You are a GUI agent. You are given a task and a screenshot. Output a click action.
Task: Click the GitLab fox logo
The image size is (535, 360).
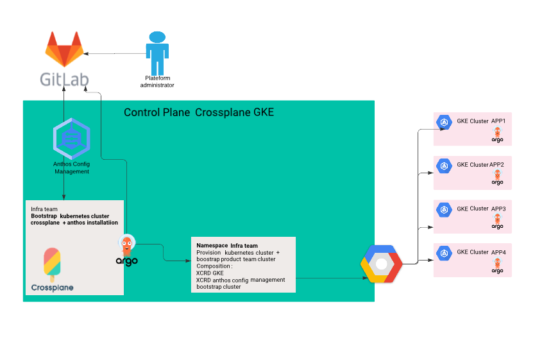click(64, 49)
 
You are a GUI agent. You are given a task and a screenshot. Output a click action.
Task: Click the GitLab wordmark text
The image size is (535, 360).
click(64, 80)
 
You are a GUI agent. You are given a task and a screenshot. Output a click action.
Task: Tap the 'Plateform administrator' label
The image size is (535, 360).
click(157, 81)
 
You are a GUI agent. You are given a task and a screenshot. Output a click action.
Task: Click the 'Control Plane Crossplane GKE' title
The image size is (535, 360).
click(199, 112)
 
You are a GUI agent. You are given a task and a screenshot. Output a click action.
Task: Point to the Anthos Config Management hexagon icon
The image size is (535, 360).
click(71, 139)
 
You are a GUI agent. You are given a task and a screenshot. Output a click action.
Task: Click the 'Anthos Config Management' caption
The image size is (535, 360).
click(71, 169)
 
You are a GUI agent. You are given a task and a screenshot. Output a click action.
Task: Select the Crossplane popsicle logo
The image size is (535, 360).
click(52, 264)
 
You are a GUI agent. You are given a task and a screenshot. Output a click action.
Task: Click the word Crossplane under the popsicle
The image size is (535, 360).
click(52, 287)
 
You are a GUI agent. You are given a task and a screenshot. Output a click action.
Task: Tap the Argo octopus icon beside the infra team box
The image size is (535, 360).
click(127, 248)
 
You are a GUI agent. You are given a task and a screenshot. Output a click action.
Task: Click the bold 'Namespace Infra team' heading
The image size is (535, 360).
click(227, 246)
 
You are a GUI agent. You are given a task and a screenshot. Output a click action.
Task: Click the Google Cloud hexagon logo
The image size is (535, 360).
click(382, 263)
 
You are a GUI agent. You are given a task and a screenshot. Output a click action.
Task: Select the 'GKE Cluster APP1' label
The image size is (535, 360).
click(481, 121)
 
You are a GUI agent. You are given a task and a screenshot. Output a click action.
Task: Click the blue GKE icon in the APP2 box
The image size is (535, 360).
click(443, 166)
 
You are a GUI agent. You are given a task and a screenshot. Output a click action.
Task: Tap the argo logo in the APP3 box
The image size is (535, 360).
click(497, 221)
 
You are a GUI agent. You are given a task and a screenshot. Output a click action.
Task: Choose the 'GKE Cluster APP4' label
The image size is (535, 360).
click(481, 252)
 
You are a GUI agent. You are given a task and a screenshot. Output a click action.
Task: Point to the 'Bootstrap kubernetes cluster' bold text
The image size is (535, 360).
click(70, 216)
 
